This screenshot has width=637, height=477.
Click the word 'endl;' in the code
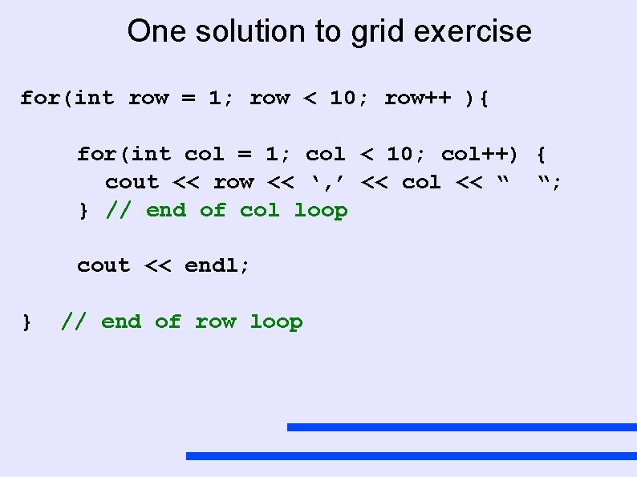pyautogui.click(x=217, y=265)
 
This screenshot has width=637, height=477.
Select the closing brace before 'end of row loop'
pyautogui.click(x=27, y=322)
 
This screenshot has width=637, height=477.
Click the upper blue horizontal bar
pyautogui.click(x=461, y=427)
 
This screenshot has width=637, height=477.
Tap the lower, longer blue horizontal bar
pyautogui.click(x=411, y=456)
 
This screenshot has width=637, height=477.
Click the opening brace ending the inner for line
pyautogui.click(x=542, y=153)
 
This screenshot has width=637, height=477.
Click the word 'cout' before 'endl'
pyautogui.click(x=103, y=265)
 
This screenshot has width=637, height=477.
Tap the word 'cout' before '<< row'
pyautogui.click(x=132, y=183)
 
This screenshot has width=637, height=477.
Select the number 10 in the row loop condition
pyautogui.click(x=343, y=98)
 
